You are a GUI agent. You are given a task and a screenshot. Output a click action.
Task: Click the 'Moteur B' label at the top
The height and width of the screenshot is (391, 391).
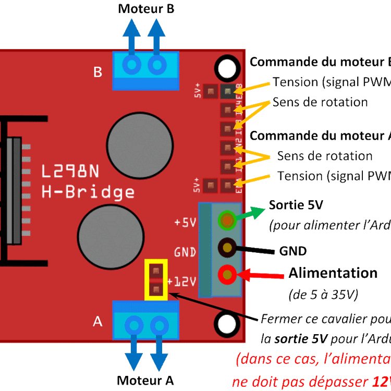tap(146, 9)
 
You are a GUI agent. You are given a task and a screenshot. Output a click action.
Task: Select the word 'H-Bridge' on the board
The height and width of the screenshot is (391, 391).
tap(88, 192)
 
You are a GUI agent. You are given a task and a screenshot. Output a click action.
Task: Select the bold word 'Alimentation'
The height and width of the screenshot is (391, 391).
tap(333, 273)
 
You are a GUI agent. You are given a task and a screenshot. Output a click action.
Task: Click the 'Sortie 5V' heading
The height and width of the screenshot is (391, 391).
tap(296, 204)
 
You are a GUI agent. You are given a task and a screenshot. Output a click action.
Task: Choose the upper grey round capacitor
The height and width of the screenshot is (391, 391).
tap(139, 143)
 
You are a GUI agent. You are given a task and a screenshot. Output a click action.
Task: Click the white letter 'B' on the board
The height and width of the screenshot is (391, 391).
tap(97, 72)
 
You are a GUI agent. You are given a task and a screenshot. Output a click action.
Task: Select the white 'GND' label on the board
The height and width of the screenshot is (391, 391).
tap(185, 252)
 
